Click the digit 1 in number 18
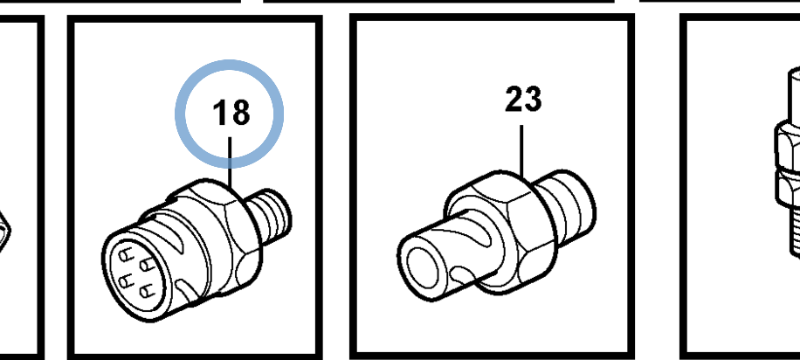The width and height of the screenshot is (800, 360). (219, 113)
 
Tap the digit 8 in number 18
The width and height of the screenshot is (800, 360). (240, 113)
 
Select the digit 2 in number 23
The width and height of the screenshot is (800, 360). (514, 99)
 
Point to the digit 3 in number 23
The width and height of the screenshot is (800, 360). (533, 99)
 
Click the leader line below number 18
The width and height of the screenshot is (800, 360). (230, 163)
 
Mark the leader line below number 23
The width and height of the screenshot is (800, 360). (521, 150)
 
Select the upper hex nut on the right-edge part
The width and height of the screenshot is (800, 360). (789, 146)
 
